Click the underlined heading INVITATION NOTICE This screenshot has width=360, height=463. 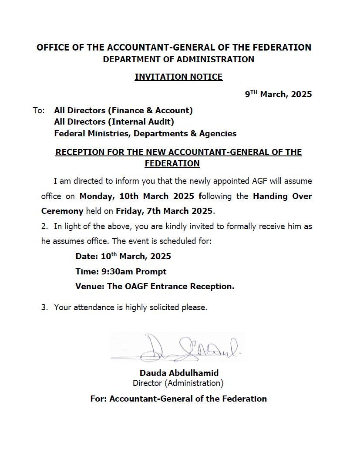[x=178, y=77]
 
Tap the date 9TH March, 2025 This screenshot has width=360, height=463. [x=278, y=94]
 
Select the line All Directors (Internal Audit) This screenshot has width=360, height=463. [x=114, y=122]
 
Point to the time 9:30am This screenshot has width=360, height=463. [x=117, y=272]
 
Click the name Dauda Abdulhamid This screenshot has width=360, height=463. [x=179, y=373]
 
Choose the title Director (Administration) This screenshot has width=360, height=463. [x=178, y=383]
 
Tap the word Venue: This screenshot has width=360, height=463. [x=90, y=287]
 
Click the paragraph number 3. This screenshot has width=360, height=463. [x=44, y=308]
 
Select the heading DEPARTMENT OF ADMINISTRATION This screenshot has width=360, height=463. [x=178, y=59]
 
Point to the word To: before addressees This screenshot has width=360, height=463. [x=39, y=111]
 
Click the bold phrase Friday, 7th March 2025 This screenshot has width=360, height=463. [x=165, y=211]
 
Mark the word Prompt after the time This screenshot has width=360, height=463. [x=151, y=272]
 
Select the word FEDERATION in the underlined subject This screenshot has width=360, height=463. [x=172, y=164]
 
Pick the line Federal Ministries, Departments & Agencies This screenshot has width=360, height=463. [x=145, y=134]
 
